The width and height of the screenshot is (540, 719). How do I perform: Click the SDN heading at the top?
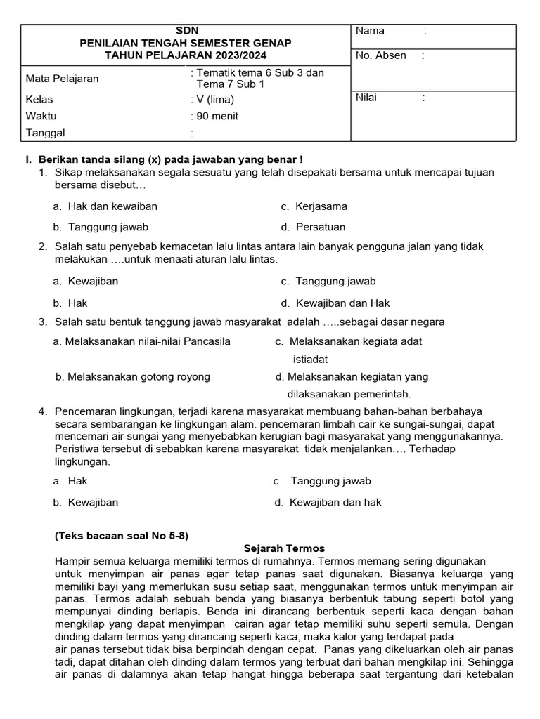[186, 30]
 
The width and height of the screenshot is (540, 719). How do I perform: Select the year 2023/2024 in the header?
[235, 55]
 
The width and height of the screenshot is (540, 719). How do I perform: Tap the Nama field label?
[370, 31]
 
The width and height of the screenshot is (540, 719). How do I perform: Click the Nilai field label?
[366, 98]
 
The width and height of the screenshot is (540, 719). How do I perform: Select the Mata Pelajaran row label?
[62, 79]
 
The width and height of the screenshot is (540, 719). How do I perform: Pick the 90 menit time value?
[217, 117]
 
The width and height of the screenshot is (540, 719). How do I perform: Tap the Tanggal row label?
[45, 133]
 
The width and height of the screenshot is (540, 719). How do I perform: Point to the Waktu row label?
[41, 117]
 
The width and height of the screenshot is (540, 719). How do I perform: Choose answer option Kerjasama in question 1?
[321, 206]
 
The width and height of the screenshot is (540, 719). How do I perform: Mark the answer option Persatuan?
[321, 227]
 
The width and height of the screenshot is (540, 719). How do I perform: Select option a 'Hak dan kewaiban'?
[112, 206]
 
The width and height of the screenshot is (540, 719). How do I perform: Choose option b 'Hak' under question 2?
[77, 303]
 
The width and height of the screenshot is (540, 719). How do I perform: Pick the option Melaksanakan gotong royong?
[139, 377]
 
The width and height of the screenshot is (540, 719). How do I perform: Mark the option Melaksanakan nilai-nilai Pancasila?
[147, 342]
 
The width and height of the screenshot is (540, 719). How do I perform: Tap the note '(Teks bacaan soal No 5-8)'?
[122, 535]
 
